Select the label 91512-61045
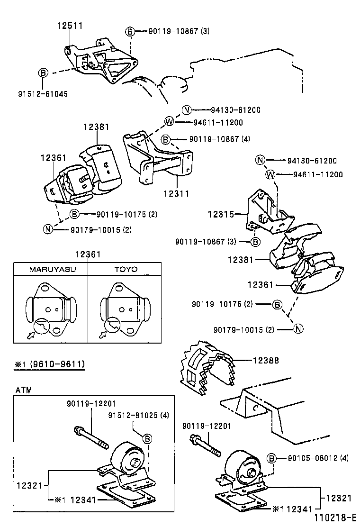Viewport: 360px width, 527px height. click(43, 94)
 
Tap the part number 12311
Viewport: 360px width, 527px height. click(176, 193)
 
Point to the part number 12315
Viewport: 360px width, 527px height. click(221, 214)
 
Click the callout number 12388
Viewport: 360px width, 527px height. click(265, 361)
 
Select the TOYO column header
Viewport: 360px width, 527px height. click(125, 269)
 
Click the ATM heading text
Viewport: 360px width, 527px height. click(23, 390)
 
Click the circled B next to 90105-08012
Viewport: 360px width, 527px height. click(272, 458)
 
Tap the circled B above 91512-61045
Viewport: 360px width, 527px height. click(43, 73)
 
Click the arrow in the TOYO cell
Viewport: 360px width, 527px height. click(102, 336)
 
